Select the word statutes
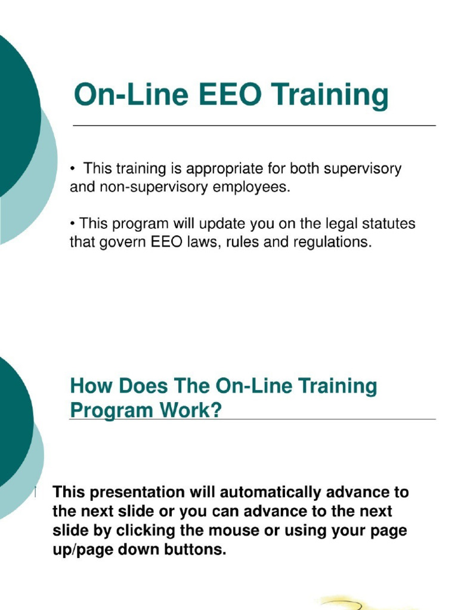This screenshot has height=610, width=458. coord(388,225)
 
